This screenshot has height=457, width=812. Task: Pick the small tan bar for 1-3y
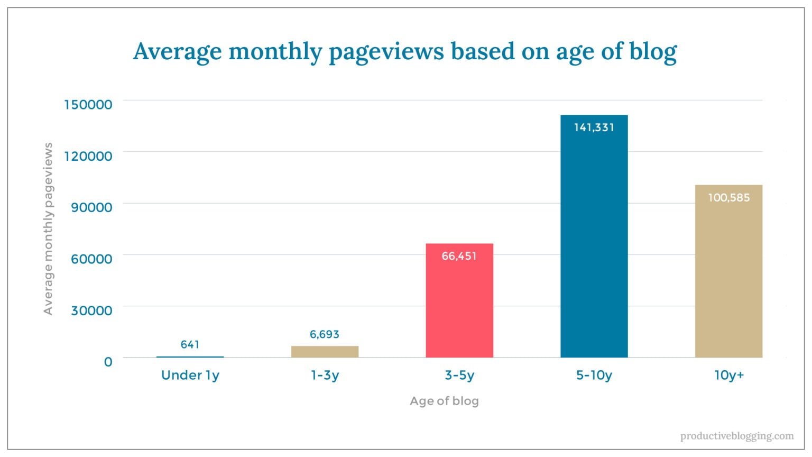pos(325,352)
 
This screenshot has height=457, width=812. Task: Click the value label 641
pos(190,345)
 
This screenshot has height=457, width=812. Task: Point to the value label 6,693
pos(325,334)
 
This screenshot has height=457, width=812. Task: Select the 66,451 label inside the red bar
pos(459,256)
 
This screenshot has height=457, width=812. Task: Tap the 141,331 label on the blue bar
pos(594,127)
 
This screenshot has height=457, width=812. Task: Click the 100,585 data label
pos(728,198)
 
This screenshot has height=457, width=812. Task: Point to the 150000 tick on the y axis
pos(88,105)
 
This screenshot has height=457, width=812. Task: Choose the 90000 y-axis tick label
pos(91,207)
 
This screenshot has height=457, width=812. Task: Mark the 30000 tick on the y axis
pos(91,310)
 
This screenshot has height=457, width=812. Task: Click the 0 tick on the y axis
pos(108,362)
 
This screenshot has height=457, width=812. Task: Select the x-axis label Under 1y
pos(190,376)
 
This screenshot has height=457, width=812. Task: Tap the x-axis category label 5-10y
pos(594,376)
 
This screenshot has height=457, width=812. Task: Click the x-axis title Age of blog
pos(444,401)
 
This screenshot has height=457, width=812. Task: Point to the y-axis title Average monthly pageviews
pos(48,229)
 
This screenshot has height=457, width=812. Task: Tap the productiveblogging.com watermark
pos(736,436)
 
